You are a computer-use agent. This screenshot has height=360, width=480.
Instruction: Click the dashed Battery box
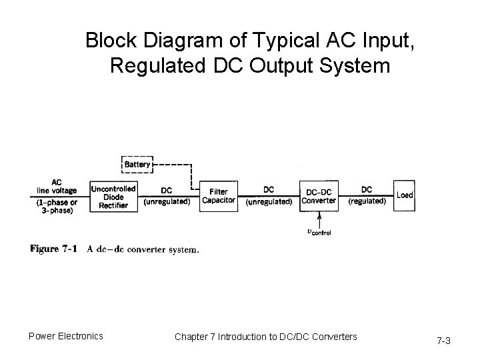[137, 163]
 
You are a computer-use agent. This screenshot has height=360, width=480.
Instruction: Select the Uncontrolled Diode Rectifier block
[113, 196]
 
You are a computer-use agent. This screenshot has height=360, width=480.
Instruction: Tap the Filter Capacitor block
[218, 196]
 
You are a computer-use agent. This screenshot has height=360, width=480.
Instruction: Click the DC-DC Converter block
[319, 195]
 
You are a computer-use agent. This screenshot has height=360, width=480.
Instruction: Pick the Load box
[404, 195]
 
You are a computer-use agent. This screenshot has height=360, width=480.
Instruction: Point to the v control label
[318, 232]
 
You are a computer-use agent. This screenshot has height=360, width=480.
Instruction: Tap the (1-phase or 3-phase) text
[56, 206]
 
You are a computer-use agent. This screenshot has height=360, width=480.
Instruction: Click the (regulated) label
[367, 201]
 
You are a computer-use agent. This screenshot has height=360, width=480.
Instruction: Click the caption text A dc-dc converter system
[143, 250]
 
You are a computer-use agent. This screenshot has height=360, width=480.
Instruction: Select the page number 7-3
[443, 341]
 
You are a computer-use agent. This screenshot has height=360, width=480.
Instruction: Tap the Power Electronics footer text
[65, 336]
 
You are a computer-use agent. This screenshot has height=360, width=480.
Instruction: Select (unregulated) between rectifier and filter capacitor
[167, 201]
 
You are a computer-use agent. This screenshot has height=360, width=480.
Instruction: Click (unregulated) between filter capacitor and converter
[269, 201]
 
